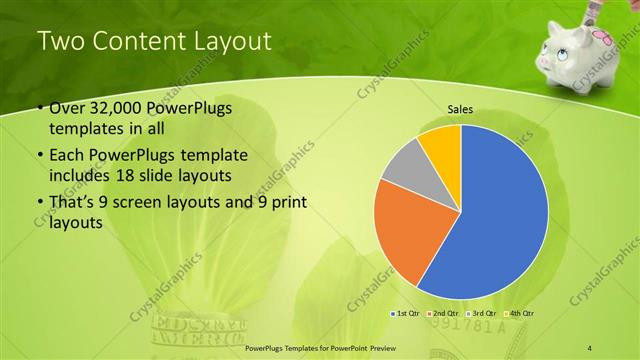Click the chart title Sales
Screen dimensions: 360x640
460,111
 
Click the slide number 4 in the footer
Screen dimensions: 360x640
590,346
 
